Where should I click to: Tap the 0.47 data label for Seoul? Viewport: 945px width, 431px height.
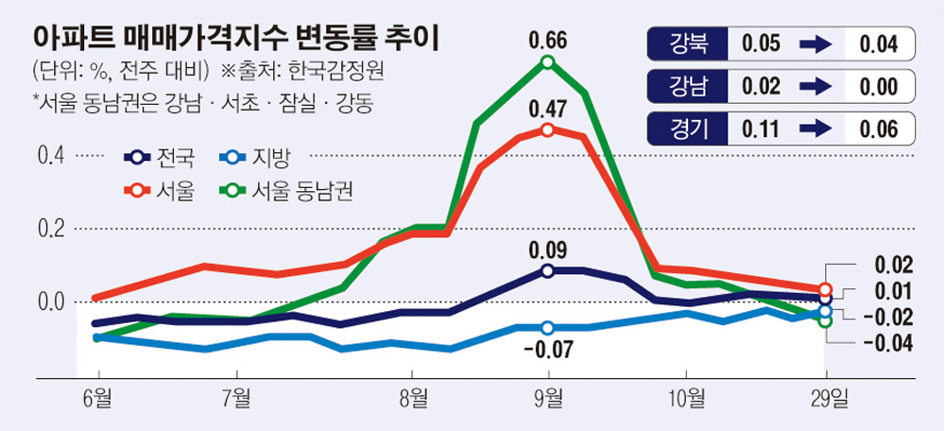tap(548, 108)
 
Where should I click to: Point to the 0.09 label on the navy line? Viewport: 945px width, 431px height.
tap(548, 251)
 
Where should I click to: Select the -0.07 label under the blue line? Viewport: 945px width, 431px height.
tap(547, 350)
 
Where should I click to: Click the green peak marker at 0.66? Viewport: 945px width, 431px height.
tap(548, 62)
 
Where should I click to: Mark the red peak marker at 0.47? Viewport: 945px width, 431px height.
tap(548, 129)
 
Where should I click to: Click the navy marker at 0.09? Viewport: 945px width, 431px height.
tap(548, 271)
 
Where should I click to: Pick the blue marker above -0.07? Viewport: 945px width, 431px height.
tap(548, 328)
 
